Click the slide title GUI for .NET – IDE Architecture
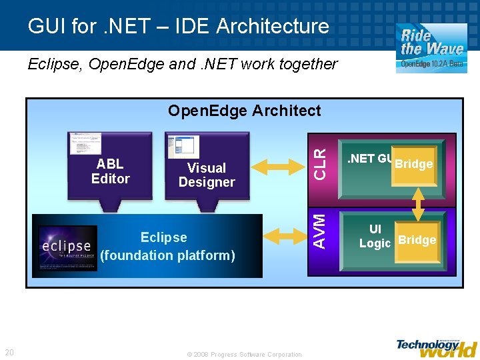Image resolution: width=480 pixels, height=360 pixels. (x=178, y=26)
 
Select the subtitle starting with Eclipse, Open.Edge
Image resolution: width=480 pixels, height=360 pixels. (x=183, y=64)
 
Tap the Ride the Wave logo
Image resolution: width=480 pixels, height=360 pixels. (x=431, y=47)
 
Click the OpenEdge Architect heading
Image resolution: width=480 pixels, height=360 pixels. (x=244, y=111)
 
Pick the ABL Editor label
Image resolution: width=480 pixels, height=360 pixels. (x=110, y=171)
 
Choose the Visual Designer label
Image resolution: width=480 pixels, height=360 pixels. (x=207, y=175)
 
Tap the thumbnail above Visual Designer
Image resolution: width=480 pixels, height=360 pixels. (x=183, y=147)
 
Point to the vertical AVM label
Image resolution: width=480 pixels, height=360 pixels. (x=321, y=231)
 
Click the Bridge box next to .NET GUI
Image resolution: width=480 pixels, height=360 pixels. (x=414, y=164)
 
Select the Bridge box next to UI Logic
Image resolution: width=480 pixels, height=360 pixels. (x=417, y=241)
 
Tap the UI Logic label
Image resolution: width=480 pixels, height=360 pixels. (x=375, y=237)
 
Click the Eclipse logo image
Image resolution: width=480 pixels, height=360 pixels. (x=67, y=248)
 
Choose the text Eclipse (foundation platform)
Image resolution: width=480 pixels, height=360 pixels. (x=167, y=246)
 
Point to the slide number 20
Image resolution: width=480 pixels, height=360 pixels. (x=9, y=353)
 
